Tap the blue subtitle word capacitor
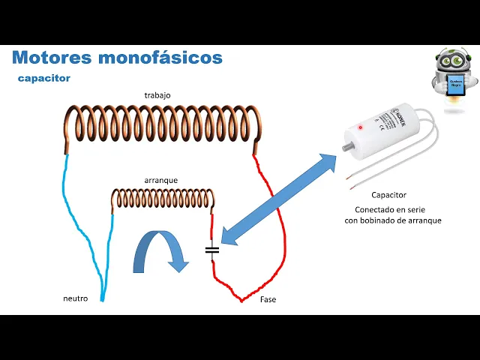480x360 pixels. point(44,77)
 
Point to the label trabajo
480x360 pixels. point(157,95)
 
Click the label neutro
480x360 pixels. point(75,298)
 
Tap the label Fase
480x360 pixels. point(268,299)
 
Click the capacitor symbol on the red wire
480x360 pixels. point(212,249)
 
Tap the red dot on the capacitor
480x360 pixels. point(361,127)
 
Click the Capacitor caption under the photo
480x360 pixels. point(388,194)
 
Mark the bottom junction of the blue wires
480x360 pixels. point(101,299)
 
